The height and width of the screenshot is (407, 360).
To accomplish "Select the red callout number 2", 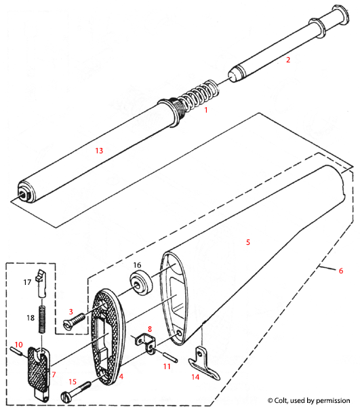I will click(287, 60).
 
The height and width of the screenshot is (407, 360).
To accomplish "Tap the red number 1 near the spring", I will click(206, 109).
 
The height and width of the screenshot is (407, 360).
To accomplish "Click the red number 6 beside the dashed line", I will click(340, 271).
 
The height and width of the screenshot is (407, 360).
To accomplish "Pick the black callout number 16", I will click(136, 265).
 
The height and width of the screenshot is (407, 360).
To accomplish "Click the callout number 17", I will click(28, 280).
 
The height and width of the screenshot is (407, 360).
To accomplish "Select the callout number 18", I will click(28, 317).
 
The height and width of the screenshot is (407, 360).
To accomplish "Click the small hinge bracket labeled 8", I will click(142, 341).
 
